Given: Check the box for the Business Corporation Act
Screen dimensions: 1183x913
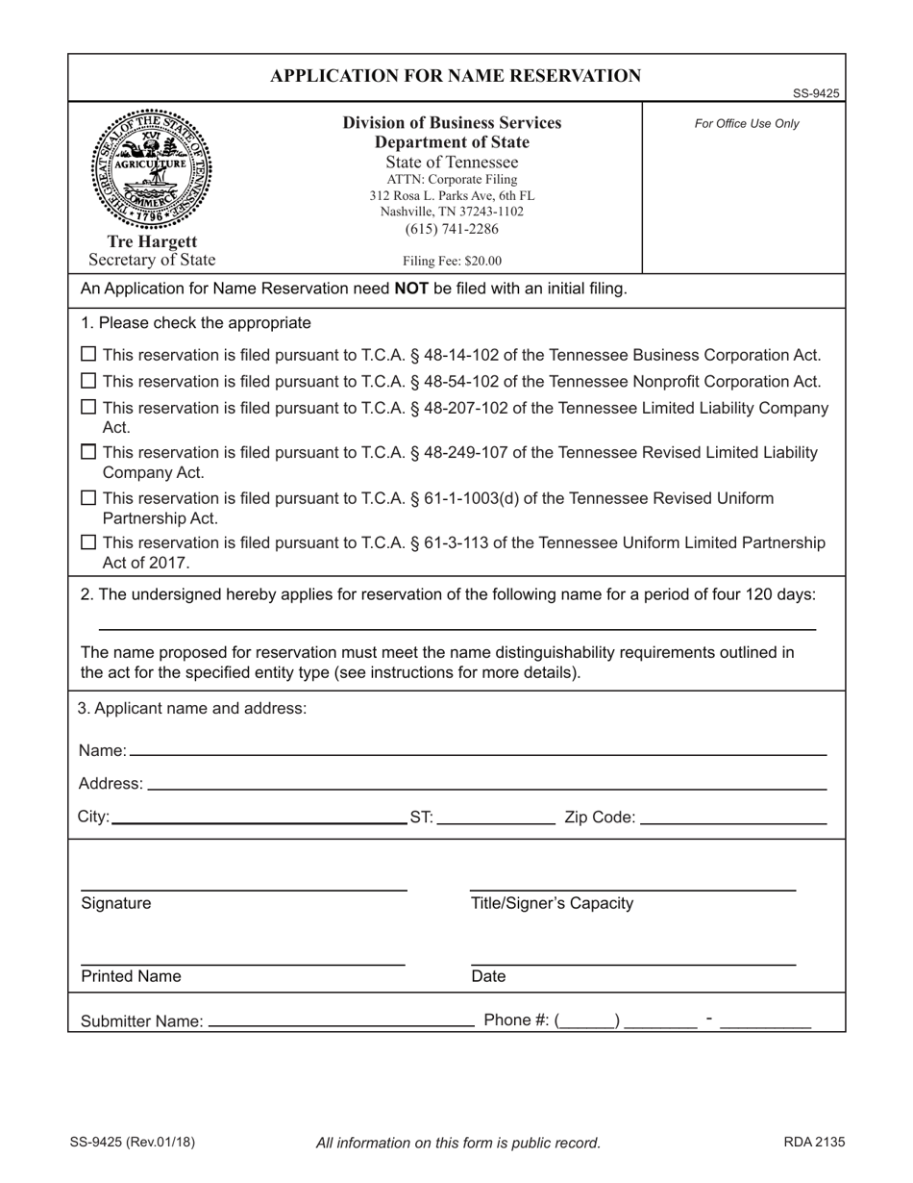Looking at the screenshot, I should [x=88, y=355].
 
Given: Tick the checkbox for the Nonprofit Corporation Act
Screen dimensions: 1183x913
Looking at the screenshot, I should [x=88, y=382].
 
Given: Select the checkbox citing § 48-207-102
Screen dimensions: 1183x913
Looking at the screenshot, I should [x=88, y=408].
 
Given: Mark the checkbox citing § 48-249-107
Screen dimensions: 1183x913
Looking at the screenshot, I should [x=88, y=452].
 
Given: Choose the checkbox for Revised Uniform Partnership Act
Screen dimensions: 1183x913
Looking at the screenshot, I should [x=88, y=498].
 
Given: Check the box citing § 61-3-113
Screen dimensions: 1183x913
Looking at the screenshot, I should [x=88, y=543].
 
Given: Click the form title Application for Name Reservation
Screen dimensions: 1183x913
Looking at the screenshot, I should [x=456, y=76].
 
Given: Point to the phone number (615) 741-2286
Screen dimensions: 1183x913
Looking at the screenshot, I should [x=452, y=229].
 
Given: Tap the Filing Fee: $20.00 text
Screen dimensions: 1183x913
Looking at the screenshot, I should [x=452, y=261].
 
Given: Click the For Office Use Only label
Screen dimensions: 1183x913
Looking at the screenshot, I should [x=747, y=124].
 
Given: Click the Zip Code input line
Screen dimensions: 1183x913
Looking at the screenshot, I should [x=732, y=818].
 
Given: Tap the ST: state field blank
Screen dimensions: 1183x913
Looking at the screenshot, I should [x=495, y=818].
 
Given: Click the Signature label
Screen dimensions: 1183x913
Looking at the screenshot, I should [x=116, y=903].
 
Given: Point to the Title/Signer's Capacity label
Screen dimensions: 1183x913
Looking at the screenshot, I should [x=552, y=903].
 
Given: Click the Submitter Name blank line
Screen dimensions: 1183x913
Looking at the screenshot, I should [x=340, y=1021].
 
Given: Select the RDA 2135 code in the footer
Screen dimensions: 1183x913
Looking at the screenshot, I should [x=814, y=1143].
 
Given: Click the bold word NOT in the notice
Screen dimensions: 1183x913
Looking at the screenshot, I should [x=412, y=289].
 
